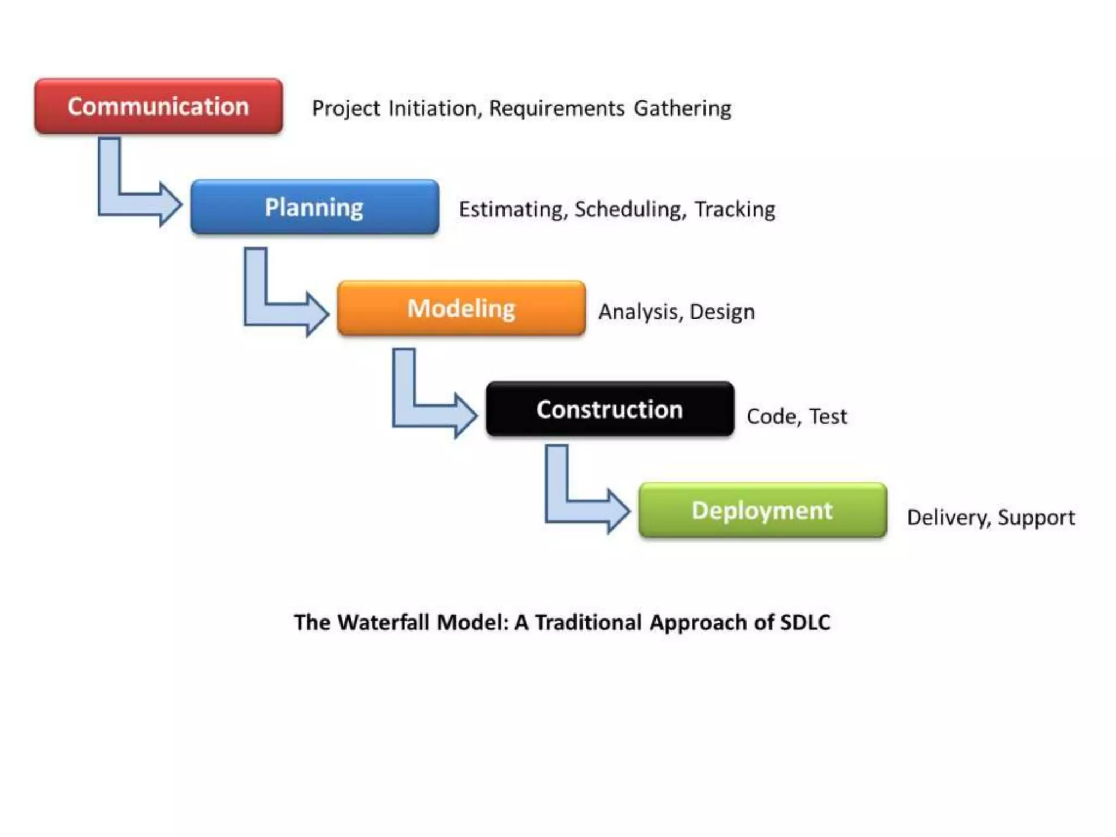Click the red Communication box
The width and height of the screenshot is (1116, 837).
[159, 106]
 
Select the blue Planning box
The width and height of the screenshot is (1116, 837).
[314, 207]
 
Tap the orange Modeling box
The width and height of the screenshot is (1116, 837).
[461, 308]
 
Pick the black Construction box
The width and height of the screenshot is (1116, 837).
[609, 409]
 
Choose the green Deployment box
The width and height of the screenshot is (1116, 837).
[762, 511]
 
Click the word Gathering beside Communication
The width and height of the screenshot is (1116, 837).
[682, 108]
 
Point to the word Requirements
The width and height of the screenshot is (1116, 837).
[556, 108]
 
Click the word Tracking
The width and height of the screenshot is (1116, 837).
[735, 210]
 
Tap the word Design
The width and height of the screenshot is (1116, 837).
[722, 312]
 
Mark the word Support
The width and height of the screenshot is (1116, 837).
[1036, 518]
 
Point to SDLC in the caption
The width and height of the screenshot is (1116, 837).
[805, 622]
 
